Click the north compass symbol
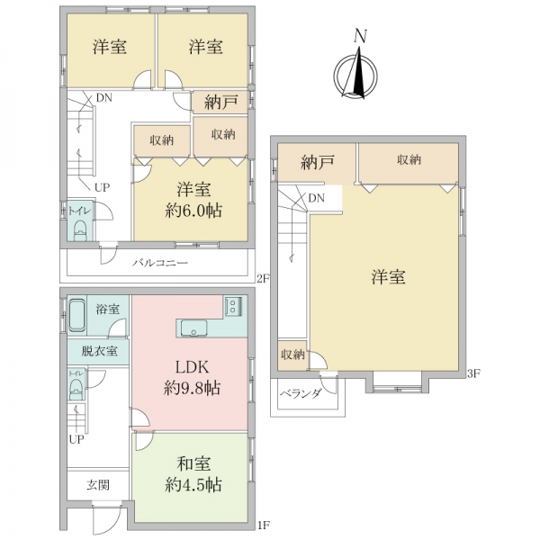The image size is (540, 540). (x=355, y=72)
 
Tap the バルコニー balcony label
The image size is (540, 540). (x=160, y=264)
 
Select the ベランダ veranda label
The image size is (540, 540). (x=301, y=393)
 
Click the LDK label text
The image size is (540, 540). (x=193, y=367)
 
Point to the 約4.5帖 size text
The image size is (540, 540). (x=193, y=485)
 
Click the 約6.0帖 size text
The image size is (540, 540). (x=193, y=211)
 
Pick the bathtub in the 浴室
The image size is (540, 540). (x=77, y=315)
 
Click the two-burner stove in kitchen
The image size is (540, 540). (x=233, y=306)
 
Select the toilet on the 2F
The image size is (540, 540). (x=80, y=230)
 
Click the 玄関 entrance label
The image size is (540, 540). (x=98, y=485)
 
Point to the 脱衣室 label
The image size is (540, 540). (x=99, y=351)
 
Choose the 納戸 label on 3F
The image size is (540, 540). (x=317, y=162)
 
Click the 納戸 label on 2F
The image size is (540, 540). (x=220, y=102)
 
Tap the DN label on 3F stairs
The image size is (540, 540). (x=317, y=198)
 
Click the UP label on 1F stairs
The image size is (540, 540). (x=76, y=439)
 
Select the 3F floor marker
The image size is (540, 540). (x=473, y=373)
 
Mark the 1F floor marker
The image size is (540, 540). (x=264, y=525)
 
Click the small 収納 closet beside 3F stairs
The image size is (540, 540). (x=292, y=355)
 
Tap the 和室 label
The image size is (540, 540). (x=193, y=463)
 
